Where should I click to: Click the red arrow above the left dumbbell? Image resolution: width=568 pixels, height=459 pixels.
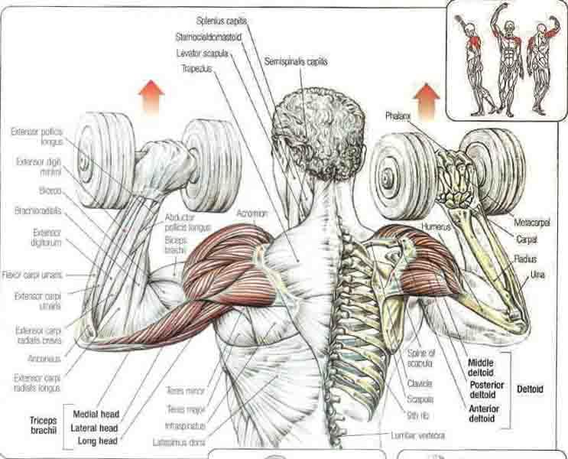pyautogui.click(x=151, y=98)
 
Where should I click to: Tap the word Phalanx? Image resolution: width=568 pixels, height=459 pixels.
pyautogui.click(x=398, y=116)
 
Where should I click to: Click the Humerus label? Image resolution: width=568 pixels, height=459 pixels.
pyautogui.click(x=435, y=227)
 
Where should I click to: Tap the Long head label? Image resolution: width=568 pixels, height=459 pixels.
pyautogui.click(x=96, y=441)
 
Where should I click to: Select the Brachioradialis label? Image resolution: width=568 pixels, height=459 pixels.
pyautogui.click(x=37, y=210)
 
